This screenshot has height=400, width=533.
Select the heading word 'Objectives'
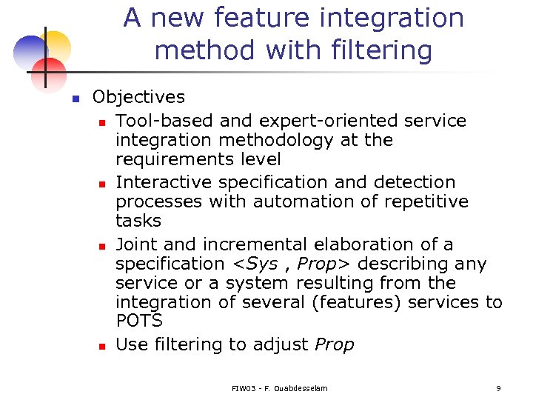coord(138,97)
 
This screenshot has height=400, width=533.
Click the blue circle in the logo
coord(29,52)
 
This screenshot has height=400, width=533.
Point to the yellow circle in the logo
coord(56,46)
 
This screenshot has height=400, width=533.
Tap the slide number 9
coord(498,388)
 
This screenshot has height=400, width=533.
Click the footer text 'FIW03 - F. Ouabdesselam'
coord(279,388)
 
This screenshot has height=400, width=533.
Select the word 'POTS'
coord(138,321)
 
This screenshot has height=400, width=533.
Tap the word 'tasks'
coord(138,221)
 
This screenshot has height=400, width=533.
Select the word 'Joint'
coord(135,244)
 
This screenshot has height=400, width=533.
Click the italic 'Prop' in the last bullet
coord(335,344)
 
